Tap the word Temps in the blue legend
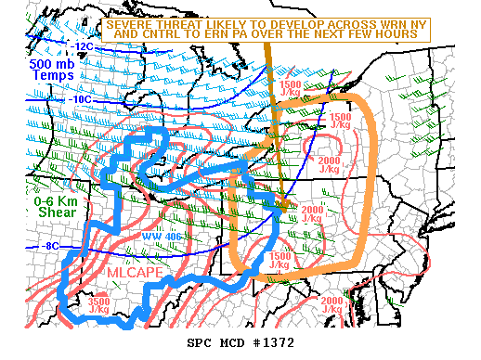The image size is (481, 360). tap(33, 75)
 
